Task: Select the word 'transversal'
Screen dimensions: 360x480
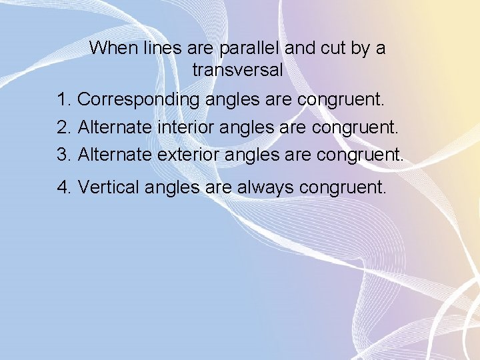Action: [237, 70]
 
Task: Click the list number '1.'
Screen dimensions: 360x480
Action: [65, 100]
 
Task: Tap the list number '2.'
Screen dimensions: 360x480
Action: [65, 127]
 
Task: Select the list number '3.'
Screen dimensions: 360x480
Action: [65, 155]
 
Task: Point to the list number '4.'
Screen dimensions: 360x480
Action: [65, 187]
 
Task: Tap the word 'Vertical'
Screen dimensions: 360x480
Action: [103, 187]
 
